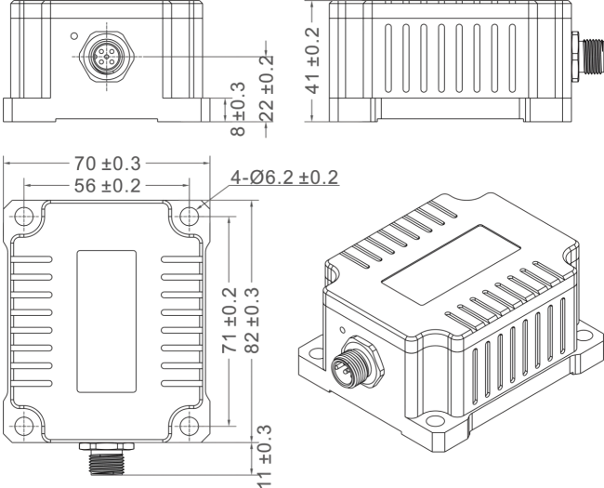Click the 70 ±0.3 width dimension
pyautogui.click(x=108, y=164)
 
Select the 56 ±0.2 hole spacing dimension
pyautogui.click(x=108, y=186)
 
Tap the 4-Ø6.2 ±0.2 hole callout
pyautogui.click(x=284, y=178)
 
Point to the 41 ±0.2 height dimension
pyautogui.click(x=313, y=60)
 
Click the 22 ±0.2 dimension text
pyautogui.click(x=267, y=88)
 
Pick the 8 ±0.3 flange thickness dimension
pyautogui.click(x=238, y=109)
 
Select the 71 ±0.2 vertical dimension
pyautogui.click(x=230, y=320)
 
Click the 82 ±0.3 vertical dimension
pyautogui.click(x=253, y=320)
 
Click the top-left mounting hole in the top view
pyautogui.click(x=24, y=217)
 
